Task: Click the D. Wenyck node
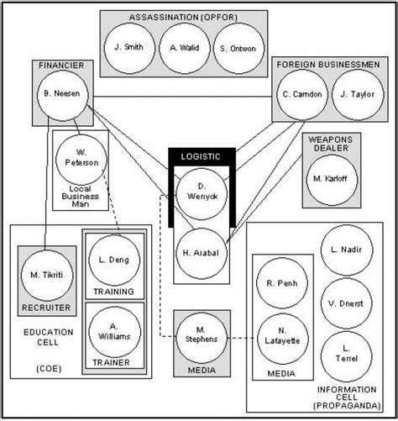[x=201, y=191]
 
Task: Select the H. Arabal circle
[x=201, y=250]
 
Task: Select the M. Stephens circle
[x=201, y=339]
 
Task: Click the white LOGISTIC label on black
[x=202, y=156]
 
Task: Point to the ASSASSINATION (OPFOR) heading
[x=183, y=17]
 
